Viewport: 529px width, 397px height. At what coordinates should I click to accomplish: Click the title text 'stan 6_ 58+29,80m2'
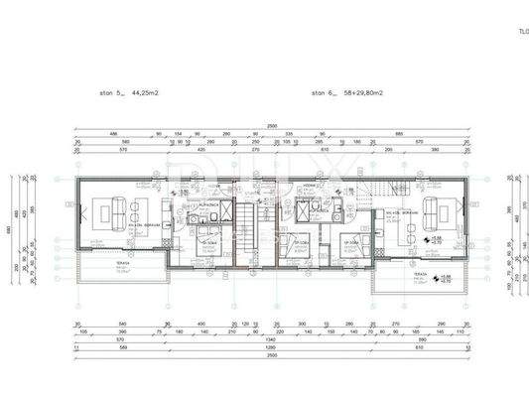tap(342, 94)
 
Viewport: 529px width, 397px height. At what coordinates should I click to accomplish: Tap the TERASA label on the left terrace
tap(95, 264)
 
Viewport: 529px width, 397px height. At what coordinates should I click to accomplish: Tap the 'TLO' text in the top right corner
tap(521, 31)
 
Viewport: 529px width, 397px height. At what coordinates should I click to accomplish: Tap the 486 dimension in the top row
tap(85, 134)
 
